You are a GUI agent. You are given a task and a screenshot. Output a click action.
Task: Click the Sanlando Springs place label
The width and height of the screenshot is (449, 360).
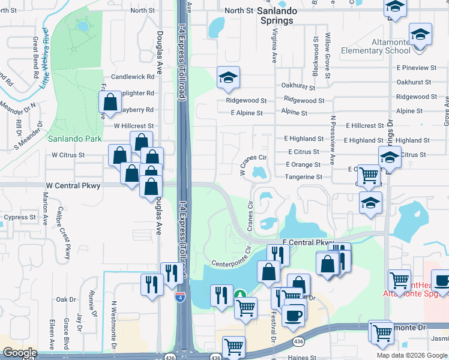click(275, 16)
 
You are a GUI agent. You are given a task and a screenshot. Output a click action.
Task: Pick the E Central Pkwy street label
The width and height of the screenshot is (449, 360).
click(307, 242)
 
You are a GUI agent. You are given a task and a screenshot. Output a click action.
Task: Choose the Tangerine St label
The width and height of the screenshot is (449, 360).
click(304, 177)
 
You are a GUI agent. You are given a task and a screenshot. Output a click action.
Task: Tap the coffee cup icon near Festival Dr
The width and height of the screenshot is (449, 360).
click(294, 316)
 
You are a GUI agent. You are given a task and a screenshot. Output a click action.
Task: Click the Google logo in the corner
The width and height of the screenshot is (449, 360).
click(20, 353)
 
